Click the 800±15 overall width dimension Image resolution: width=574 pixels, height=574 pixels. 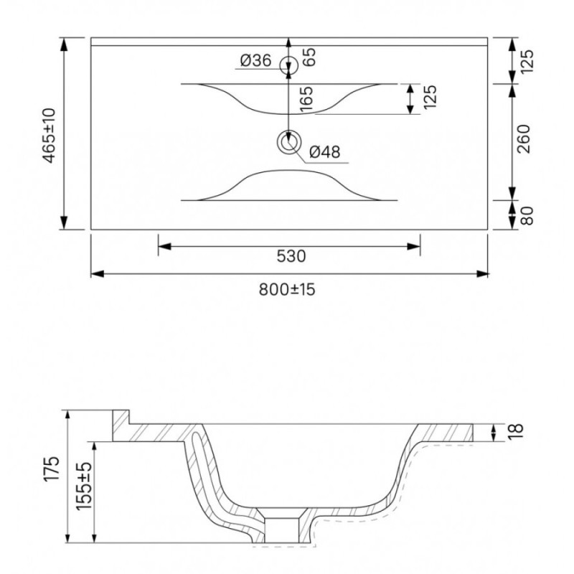[287, 290]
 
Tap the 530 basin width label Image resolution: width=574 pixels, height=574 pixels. [291, 256]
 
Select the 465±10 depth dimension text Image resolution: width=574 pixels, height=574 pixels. [49, 135]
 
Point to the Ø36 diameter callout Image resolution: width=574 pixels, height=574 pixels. [256, 60]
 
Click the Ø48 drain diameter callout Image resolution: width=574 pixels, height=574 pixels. [325, 151]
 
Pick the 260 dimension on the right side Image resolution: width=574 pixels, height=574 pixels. [524, 138]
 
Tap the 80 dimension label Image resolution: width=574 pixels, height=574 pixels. [527, 216]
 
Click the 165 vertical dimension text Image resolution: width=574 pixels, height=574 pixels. [306, 99]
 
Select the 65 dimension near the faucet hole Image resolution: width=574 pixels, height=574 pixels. [309, 57]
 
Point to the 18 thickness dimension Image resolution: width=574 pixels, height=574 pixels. [517, 431]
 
